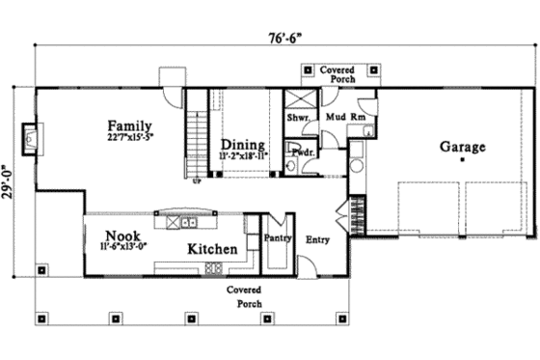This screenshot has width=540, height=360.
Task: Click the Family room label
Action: (131, 125)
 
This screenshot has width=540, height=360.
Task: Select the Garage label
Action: (463, 147)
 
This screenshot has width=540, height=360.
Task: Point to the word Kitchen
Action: (212, 249)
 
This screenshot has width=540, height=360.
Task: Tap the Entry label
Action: (317, 239)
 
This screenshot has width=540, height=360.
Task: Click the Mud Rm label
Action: (344, 118)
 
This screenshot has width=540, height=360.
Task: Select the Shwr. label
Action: (297, 119)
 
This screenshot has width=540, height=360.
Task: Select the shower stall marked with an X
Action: (298, 101)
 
